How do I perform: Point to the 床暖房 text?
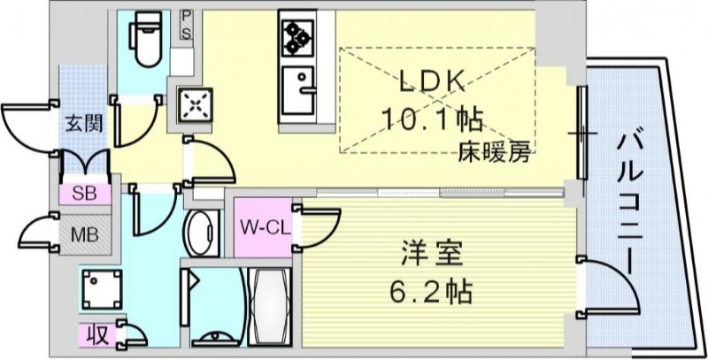(493, 152)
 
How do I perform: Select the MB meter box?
(84, 236)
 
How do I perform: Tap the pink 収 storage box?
(96, 334)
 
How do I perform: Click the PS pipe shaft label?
(187, 25)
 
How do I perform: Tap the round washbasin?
(202, 232)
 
